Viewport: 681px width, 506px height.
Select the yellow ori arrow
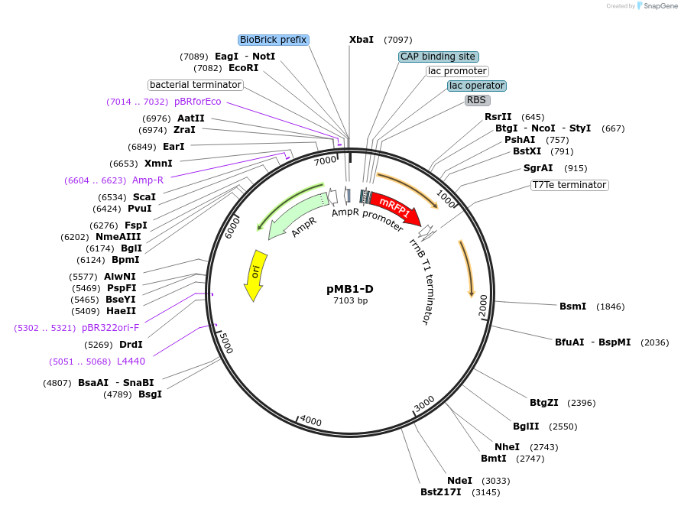(255, 274)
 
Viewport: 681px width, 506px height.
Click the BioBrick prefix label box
(273, 40)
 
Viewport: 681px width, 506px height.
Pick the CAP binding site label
(439, 57)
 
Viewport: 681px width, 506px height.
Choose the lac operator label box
(476, 86)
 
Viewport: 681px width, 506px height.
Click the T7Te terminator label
(569, 185)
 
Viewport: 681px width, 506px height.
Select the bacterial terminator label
(195, 85)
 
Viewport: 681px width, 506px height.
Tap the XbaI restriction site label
(362, 40)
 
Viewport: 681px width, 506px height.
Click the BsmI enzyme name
(572, 307)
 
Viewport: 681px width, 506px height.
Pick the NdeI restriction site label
(460, 481)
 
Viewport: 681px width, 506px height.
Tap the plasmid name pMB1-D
(350, 289)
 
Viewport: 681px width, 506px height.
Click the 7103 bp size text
(350, 300)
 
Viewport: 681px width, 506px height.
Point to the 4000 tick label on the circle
(311, 421)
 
